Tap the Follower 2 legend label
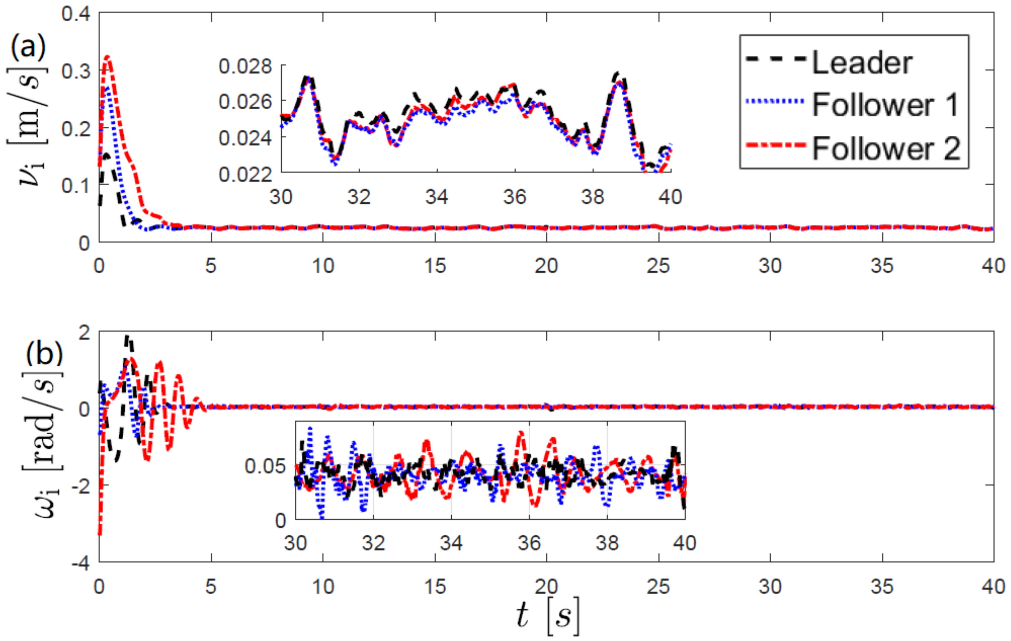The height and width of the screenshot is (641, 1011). tap(886, 148)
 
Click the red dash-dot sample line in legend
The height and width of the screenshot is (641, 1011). tap(776, 145)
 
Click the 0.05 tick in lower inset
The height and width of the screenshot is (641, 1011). tap(265, 466)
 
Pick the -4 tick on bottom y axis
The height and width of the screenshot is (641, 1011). tap(81, 564)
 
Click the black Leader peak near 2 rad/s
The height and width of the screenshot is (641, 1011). tap(127, 337)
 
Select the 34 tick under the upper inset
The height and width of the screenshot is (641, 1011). tap(437, 197)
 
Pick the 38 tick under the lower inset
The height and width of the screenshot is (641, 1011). tap(607, 543)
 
